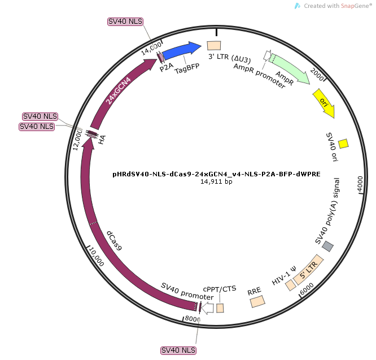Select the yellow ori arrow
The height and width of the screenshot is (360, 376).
(324, 103)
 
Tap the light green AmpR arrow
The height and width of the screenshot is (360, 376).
(289, 68)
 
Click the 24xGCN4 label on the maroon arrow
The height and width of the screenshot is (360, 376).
(118, 91)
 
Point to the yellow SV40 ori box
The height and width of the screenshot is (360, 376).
(343, 144)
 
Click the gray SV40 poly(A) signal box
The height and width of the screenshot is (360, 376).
(327, 246)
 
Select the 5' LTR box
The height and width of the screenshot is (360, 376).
(308, 270)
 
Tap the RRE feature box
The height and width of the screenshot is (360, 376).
(257, 301)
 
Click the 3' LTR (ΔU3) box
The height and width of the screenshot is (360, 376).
(214, 46)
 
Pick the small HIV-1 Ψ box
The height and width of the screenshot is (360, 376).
(291, 285)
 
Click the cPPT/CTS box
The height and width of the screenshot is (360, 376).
(220, 308)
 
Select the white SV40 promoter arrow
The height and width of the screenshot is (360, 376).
(207, 308)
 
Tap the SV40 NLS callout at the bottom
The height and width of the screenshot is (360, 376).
(178, 350)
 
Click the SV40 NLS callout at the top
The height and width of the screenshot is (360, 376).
(125, 21)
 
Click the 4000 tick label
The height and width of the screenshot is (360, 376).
(360, 184)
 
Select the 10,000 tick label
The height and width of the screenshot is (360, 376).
(97, 257)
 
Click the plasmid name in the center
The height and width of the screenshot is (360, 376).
(216, 174)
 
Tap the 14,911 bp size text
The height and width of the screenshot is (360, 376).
(216, 181)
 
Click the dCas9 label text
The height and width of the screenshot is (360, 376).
(114, 241)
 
